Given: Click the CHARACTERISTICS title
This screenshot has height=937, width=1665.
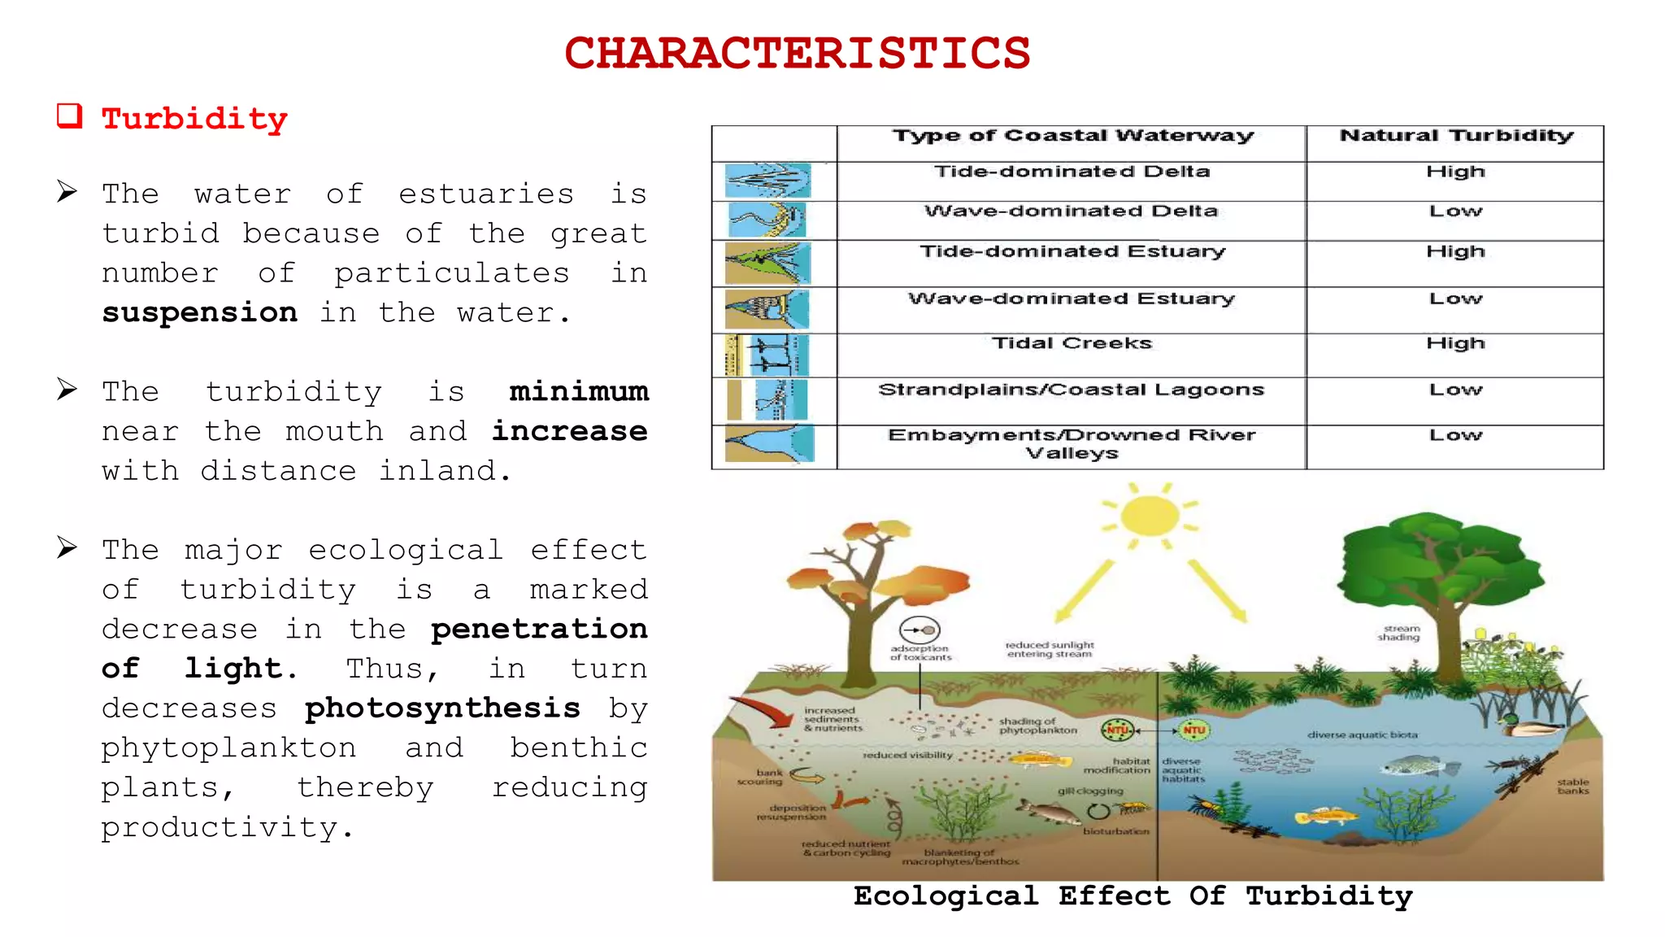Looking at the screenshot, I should click(797, 54).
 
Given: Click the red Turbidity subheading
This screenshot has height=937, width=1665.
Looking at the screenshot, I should click(194, 120).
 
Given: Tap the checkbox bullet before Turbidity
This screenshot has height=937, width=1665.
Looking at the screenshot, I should click(69, 116).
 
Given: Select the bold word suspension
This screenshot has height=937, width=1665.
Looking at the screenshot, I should click(199, 312).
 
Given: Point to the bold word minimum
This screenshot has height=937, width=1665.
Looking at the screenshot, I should click(578, 392).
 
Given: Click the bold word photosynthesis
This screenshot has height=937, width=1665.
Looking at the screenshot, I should click(442, 708).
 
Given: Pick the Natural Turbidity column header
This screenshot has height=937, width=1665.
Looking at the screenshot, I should click(1455, 136).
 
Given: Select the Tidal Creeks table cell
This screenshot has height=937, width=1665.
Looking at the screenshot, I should click(1072, 344).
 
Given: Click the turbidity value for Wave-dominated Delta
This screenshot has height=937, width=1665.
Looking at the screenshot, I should click(1455, 211).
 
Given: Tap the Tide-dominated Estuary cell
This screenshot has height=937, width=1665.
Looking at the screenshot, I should click(1072, 252).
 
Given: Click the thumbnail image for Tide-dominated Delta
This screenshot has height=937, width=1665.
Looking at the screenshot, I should click(767, 181).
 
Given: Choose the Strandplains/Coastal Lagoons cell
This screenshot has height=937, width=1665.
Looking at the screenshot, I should click(1072, 390).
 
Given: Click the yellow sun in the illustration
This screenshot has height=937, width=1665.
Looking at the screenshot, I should click(1150, 516).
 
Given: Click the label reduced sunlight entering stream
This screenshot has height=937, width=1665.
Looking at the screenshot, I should click(1050, 649).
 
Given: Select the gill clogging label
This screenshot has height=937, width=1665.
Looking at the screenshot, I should click(1090, 791).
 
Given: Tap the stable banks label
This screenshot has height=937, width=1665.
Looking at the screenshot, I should click(1572, 787).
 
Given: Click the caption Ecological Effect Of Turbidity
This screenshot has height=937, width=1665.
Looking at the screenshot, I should click(1132, 896).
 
